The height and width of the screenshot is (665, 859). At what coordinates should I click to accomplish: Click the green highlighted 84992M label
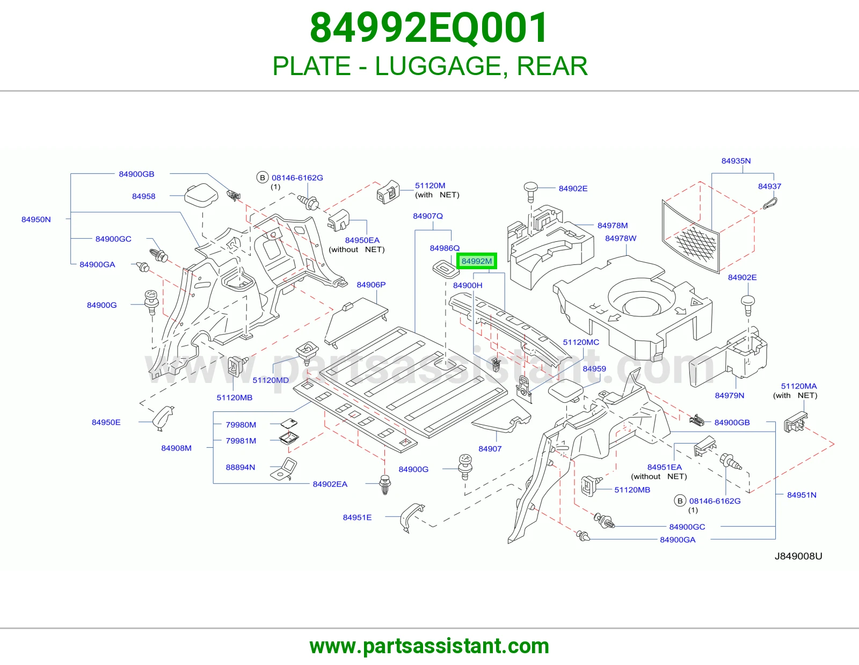[476, 261]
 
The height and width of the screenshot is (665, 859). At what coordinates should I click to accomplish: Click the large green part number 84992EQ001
[429, 28]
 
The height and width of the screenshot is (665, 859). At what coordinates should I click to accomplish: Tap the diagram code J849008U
[798, 556]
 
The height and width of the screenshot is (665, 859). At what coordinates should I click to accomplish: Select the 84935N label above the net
[736, 161]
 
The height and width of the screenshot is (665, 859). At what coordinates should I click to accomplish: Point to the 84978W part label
[621, 238]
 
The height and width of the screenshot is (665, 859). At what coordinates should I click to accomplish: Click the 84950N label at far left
[36, 219]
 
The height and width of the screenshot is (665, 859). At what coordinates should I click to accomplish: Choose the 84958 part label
[143, 196]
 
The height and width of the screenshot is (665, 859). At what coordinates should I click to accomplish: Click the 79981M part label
[241, 441]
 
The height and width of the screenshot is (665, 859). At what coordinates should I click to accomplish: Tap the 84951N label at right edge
[802, 495]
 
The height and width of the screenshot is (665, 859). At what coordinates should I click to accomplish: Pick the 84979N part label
[729, 395]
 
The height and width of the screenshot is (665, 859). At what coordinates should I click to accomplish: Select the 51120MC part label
[581, 342]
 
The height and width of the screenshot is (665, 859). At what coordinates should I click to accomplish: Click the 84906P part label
[371, 285]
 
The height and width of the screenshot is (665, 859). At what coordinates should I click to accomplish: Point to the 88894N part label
[241, 467]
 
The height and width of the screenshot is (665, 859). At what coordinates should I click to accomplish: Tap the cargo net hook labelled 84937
[770, 203]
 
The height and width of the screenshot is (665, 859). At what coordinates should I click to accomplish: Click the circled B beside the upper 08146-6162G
[263, 178]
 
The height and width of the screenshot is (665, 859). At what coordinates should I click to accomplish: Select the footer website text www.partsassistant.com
[429, 646]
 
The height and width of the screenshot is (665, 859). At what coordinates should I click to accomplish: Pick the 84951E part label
[357, 518]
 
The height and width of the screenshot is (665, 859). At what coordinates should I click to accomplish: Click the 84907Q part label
[428, 216]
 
